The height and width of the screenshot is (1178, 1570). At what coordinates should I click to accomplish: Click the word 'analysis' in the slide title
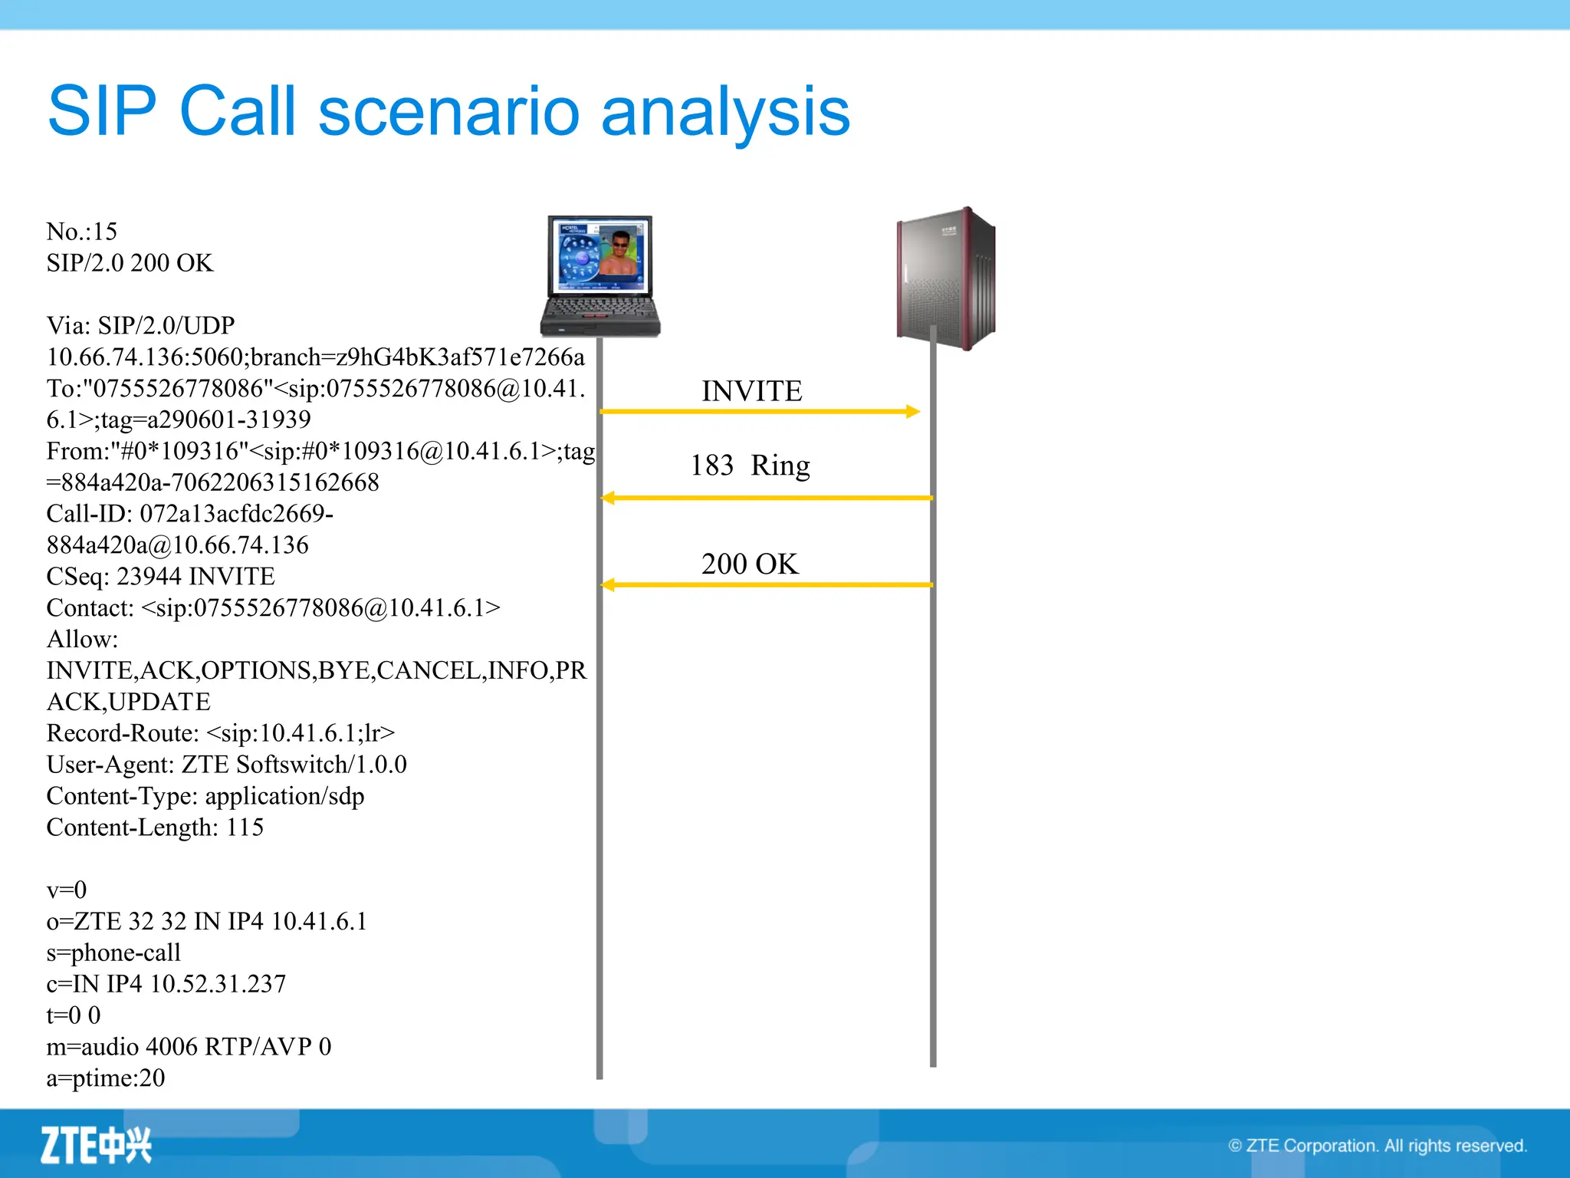(x=725, y=112)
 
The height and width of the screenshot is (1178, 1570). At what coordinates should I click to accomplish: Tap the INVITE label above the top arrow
(x=751, y=391)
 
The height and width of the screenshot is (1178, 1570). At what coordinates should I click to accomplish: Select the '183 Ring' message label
(x=749, y=466)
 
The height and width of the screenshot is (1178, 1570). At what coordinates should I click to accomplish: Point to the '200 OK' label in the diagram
(x=749, y=564)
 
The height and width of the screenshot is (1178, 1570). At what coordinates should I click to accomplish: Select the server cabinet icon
(x=947, y=278)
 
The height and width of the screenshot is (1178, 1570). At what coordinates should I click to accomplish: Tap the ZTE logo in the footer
(x=96, y=1145)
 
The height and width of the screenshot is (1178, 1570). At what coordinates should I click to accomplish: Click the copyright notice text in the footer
(x=1377, y=1146)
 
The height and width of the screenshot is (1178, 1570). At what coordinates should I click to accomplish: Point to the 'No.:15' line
(x=81, y=232)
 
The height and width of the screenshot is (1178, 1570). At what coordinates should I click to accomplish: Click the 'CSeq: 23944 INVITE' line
(x=160, y=577)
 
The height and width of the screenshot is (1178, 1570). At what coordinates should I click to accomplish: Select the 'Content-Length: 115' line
(x=155, y=828)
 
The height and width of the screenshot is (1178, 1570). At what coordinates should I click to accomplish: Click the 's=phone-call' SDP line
(x=113, y=953)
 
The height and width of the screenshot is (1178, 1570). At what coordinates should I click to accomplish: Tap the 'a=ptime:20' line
(x=106, y=1078)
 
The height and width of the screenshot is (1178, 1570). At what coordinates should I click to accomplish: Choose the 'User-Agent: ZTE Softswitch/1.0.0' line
(x=226, y=765)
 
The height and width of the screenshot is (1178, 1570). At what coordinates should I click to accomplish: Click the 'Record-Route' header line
(x=221, y=733)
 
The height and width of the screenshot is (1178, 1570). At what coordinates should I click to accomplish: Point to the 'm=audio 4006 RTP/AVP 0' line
(x=189, y=1047)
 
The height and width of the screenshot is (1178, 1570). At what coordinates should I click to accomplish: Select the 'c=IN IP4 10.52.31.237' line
(x=166, y=984)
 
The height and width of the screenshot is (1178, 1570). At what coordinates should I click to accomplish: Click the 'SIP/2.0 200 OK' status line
(x=130, y=263)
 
